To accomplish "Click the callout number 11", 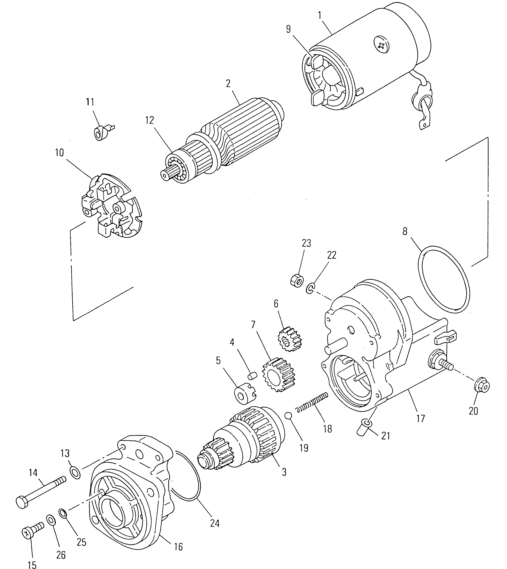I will point(90,102).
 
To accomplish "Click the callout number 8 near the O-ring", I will point(405,231).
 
